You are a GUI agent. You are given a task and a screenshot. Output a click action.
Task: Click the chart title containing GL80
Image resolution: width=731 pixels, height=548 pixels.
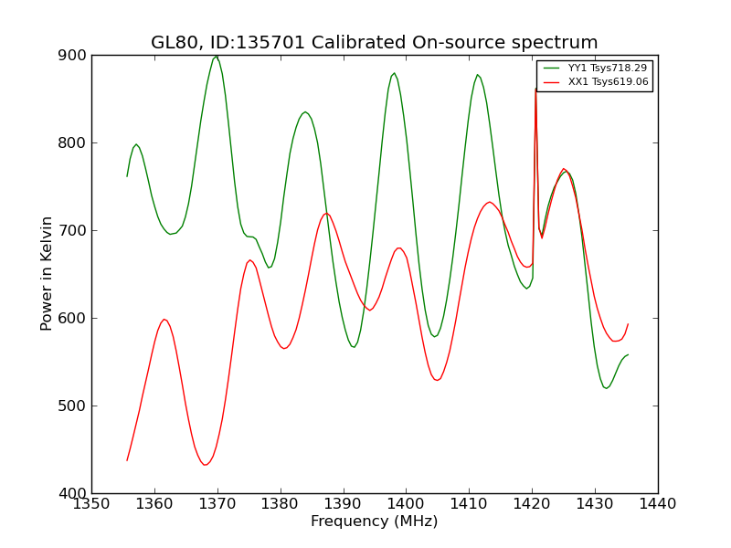pos(374,42)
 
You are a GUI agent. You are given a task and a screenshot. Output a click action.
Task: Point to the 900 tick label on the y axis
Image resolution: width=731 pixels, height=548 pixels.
pos(72,56)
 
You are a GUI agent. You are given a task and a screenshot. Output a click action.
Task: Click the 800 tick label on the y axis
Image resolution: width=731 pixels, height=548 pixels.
pos(72,143)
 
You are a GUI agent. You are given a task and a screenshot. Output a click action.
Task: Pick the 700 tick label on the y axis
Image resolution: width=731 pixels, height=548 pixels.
pos(72,231)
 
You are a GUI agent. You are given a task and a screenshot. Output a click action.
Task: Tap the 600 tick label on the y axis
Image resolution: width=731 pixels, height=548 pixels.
pos(72,318)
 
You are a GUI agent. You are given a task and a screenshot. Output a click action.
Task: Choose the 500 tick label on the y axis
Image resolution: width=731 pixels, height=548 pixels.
pos(72,406)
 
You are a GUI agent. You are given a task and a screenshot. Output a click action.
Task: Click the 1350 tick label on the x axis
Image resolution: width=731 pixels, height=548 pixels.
pos(92,504)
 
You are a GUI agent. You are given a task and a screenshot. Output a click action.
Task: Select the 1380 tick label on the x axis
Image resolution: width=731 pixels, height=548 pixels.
pos(281,504)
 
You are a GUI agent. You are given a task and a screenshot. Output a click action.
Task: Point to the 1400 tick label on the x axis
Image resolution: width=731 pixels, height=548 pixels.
pos(407,504)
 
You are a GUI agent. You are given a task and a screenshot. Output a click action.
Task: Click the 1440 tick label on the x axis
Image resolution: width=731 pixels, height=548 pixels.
pos(658,504)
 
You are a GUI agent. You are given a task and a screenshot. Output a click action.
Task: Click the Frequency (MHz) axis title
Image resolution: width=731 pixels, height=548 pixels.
pos(375,521)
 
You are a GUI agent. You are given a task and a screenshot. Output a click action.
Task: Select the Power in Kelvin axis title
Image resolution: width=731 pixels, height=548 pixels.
pos(46,274)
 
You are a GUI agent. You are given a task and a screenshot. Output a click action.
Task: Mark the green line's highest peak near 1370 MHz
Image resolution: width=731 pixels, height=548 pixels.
pos(217,56)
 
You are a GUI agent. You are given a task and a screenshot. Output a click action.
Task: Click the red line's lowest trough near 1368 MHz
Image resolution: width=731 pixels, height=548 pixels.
pos(205,465)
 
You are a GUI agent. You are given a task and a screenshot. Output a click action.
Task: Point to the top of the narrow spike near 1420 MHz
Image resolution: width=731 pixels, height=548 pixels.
pos(535,89)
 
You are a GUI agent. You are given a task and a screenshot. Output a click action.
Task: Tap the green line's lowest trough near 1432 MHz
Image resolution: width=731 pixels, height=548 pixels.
pos(606,387)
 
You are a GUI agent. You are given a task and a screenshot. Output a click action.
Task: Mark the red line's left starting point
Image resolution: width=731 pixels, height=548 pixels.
pos(127,460)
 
